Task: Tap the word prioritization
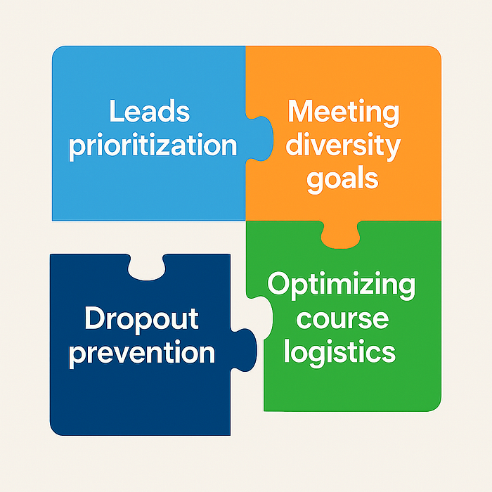[x=153, y=146]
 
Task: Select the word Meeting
[x=344, y=113]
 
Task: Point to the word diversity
[x=344, y=146]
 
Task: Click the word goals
[x=344, y=179]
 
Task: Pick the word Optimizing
[x=342, y=287]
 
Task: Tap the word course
[x=342, y=318]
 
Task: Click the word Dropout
[x=141, y=320]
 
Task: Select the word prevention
[x=142, y=351]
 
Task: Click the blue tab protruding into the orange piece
[x=260, y=134]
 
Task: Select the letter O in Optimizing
[x=279, y=285]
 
